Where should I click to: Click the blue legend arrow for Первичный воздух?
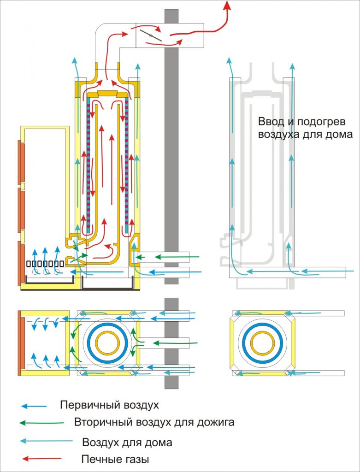tap(34, 406)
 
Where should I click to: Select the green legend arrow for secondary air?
tap(41, 423)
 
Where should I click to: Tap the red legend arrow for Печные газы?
tap(42, 459)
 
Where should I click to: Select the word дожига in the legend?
tap(216, 422)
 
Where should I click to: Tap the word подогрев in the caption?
tap(320, 123)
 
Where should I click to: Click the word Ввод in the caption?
tap(269, 122)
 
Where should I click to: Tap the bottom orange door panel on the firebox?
tap(21, 264)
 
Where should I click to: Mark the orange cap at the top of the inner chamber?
tap(107, 94)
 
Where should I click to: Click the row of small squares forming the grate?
tap(45, 264)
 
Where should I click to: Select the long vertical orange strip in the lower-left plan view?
tap(20, 343)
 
